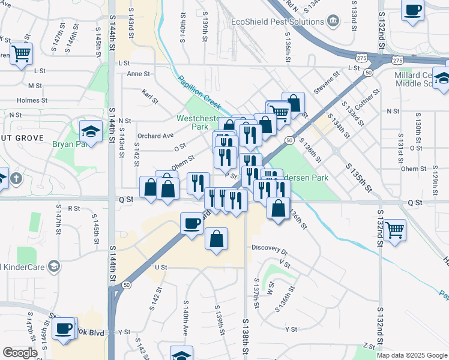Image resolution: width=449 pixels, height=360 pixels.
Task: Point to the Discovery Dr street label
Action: pyautogui.click(x=270, y=247)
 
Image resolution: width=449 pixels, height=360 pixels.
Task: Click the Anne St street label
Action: pyautogui.click(x=138, y=74)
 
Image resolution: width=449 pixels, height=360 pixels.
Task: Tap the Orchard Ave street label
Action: pyautogui.click(x=155, y=136)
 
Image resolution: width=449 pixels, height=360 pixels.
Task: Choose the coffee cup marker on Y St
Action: pyautogui.click(x=64, y=329)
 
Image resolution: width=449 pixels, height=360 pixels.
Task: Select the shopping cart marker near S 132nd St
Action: pyautogui.click(x=394, y=229)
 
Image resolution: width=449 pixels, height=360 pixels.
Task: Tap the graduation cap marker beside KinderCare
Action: pyautogui.click(x=54, y=266)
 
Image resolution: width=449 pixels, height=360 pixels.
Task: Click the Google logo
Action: pyautogui.click(x=20, y=353)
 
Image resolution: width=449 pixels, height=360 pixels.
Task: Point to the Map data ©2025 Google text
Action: pyautogui.click(x=412, y=355)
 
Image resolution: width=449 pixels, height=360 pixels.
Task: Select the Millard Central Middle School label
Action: pyautogui.click(x=420, y=79)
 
